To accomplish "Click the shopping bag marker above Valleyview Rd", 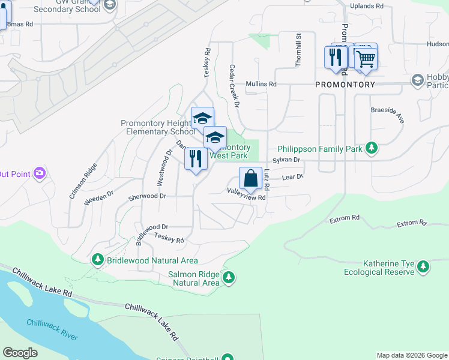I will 250,178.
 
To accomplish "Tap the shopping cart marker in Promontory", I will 366,58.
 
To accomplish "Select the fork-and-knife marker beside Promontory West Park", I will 196,159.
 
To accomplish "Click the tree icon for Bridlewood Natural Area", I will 98,260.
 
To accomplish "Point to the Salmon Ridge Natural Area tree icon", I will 228,278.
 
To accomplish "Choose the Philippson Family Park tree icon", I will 372,148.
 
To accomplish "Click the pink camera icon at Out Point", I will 40,173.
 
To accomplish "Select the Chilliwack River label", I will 52,329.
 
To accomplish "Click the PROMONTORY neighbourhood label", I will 345,85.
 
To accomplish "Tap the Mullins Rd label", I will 261,85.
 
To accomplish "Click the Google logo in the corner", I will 20,353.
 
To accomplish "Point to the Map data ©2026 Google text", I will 411,355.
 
